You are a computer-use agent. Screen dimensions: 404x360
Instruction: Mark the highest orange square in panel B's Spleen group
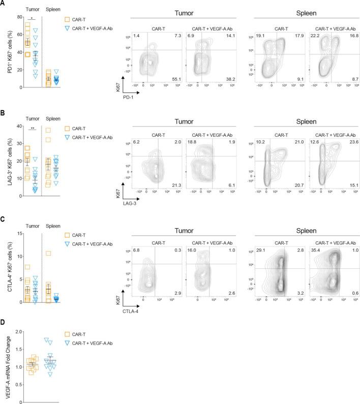48,130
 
